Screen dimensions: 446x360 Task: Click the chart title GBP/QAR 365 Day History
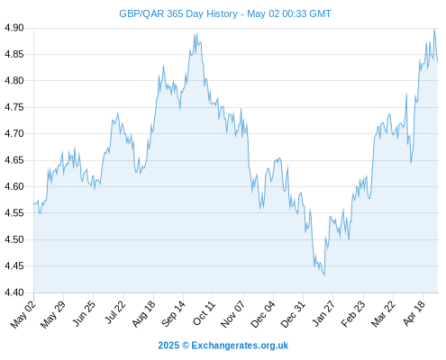[178, 13]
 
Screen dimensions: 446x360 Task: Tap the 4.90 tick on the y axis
[14, 28]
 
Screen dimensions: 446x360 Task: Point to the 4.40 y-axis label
[14, 292]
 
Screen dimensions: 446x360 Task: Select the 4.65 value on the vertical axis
[14, 160]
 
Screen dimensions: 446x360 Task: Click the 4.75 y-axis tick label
[14, 107]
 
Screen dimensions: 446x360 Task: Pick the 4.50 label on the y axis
[14, 239]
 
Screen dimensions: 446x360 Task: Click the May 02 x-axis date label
[23, 314]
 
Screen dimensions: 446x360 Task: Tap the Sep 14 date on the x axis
[174, 313]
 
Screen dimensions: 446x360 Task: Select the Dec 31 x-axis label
[293, 314]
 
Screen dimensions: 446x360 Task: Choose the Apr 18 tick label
[414, 313]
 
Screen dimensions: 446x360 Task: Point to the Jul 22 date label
[115, 312]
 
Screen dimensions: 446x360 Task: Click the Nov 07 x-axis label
[233, 314]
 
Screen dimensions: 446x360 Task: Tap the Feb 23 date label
[353, 314]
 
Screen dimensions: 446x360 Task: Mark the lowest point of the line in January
[324, 275]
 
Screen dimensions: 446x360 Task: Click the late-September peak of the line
[196, 34]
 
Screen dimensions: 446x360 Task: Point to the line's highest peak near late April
[434, 29]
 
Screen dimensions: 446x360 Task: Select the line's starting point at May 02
[34, 204]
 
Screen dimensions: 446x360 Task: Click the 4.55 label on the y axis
[14, 213]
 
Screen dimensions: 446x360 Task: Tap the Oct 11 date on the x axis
[204, 313]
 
